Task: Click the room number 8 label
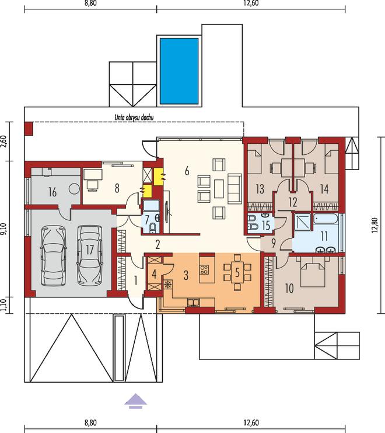pos(117,188)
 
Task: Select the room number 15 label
pos(265,224)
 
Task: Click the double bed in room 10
pos(310,272)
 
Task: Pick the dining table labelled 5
pos(237,271)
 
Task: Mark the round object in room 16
pos(73,189)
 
